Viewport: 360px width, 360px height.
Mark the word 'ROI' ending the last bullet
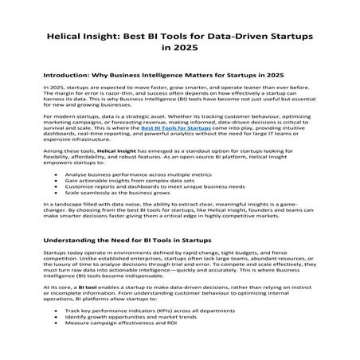(x=173, y=346)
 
